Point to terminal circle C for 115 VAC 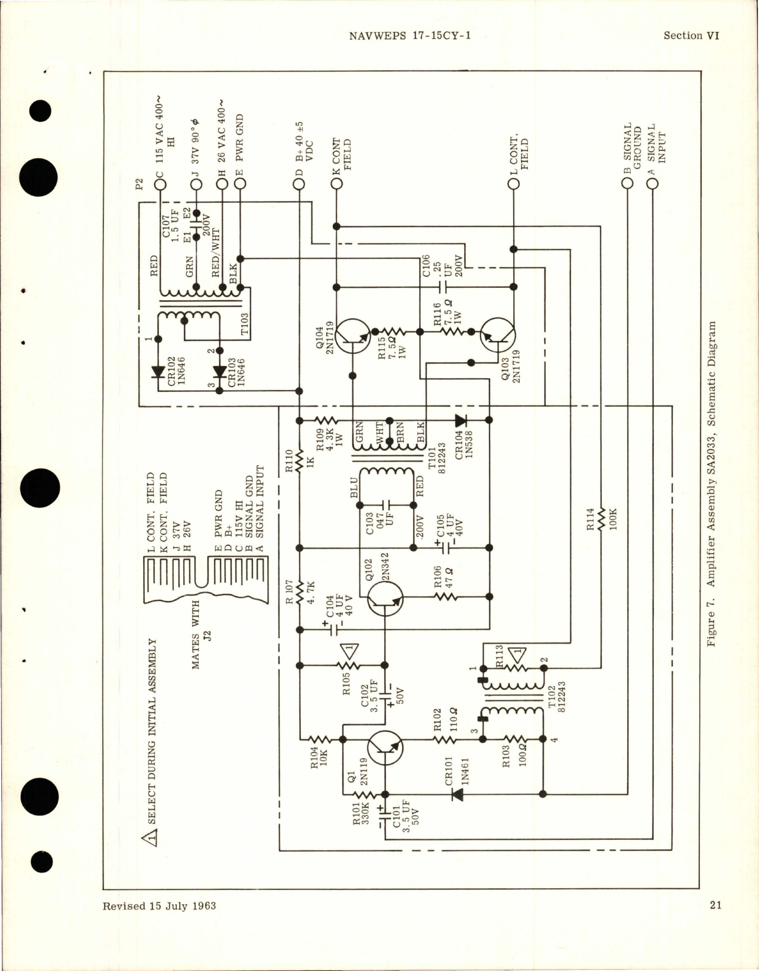click(160, 184)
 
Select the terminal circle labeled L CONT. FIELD click(514, 184)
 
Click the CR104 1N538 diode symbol click(460, 420)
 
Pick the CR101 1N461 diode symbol click(457, 794)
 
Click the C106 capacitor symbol click(443, 287)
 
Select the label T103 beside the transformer click(244, 324)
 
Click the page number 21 click(715, 922)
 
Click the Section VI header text click(690, 35)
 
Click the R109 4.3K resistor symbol click(325, 420)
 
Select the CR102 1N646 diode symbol click(158, 372)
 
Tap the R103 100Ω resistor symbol click(513, 739)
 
